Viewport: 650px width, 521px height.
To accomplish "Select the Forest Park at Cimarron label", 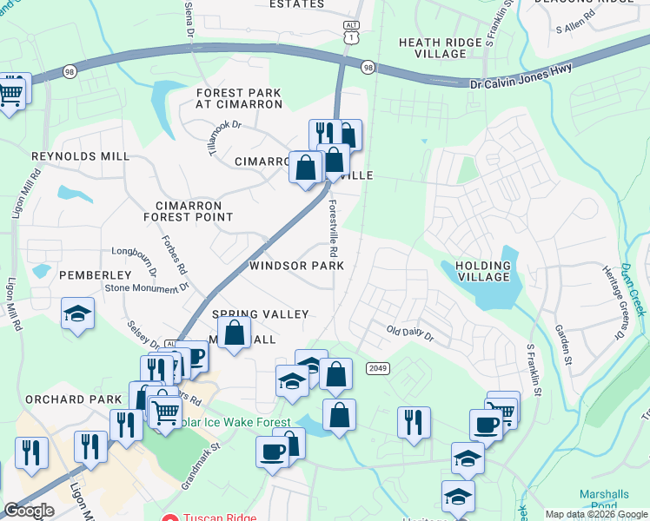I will coord(239,98).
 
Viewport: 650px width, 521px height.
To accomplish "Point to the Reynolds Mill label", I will coord(80,156).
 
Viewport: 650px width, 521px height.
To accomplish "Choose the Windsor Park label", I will coord(296,265).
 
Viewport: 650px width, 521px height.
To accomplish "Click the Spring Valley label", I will coord(261,313).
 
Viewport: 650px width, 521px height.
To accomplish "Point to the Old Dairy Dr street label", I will coord(409,331).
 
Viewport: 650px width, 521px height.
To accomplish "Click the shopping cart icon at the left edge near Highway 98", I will coord(11,91).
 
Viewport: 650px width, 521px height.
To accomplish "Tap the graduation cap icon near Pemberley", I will coord(78,313).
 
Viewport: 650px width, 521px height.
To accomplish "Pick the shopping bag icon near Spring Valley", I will coord(235,333).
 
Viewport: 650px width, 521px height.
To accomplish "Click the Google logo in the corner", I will coord(28,511).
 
